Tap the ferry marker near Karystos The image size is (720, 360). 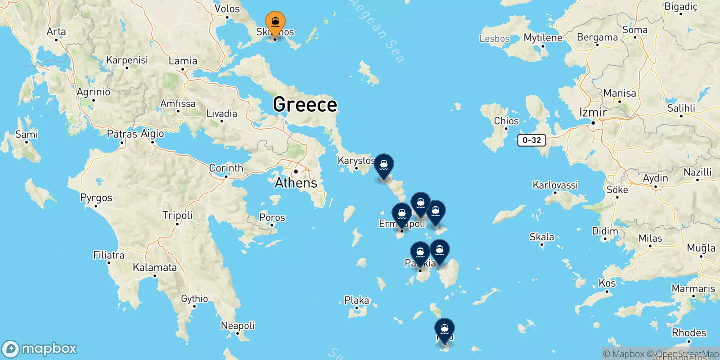click(x=384, y=166)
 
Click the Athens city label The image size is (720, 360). click(x=296, y=183)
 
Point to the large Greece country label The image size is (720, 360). click(x=305, y=104)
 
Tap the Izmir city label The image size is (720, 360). click(x=593, y=112)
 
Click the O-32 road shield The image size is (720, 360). click(x=531, y=140)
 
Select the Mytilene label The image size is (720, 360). click(x=543, y=38)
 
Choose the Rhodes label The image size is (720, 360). click(x=689, y=333)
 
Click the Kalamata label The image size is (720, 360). click(x=155, y=267)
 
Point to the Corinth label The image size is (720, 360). click(x=226, y=168)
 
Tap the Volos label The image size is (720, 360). click(x=227, y=9)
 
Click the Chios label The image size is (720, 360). click(x=506, y=121)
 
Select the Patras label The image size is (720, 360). click(x=121, y=134)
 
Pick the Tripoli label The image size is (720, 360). click(x=177, y=215)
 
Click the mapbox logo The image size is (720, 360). click(x=40, y=349)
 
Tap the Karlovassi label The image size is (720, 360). click(x=555, y=185)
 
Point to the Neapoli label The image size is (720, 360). click(x=238, y=325)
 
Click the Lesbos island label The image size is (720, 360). click(x=495, y=39)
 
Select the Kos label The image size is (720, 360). click(x=607, y=283)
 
